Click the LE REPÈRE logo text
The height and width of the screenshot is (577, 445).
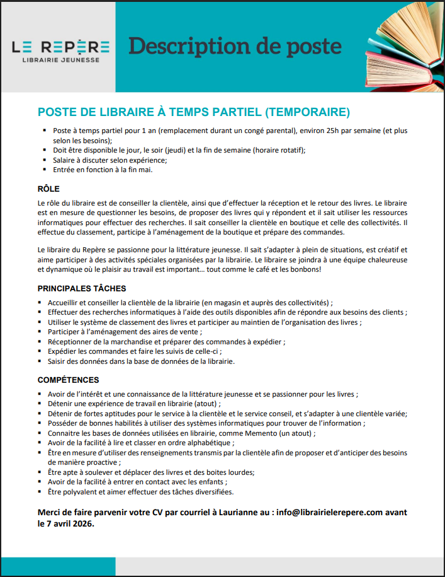[x=60, y=47]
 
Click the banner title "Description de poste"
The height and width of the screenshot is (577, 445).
[x=235, y=47]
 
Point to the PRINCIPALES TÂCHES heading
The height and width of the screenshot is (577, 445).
[x=82, y=288]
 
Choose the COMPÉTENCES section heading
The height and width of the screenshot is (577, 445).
[x=68, y=380]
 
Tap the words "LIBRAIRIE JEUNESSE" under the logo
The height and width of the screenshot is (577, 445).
[x=60, y=60]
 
